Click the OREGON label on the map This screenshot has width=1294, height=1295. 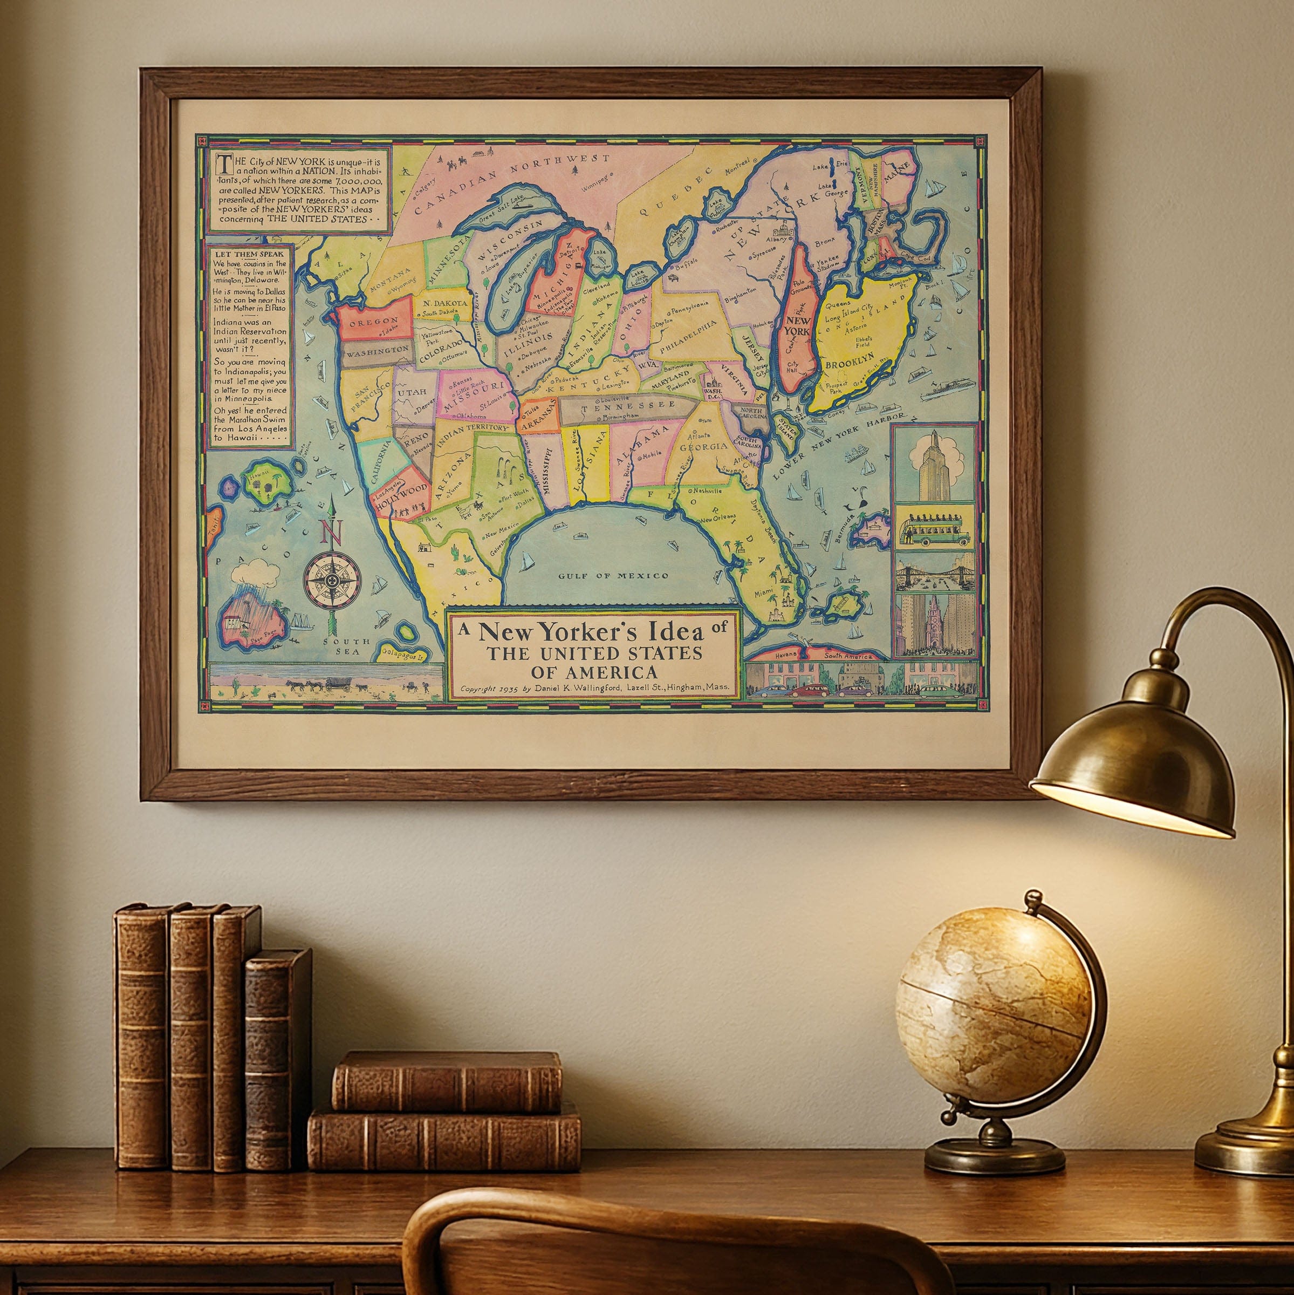(374, 322)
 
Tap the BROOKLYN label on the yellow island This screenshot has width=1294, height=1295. (850, 365)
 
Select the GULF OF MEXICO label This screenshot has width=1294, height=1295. (613, 576)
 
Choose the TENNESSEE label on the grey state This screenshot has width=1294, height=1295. (628, 406)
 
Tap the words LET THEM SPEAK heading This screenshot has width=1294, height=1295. (249, 255)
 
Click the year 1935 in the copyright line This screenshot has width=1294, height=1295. (509, 689)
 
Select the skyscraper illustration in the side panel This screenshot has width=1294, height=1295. (934, 466)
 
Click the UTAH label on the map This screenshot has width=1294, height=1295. (412, 392)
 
